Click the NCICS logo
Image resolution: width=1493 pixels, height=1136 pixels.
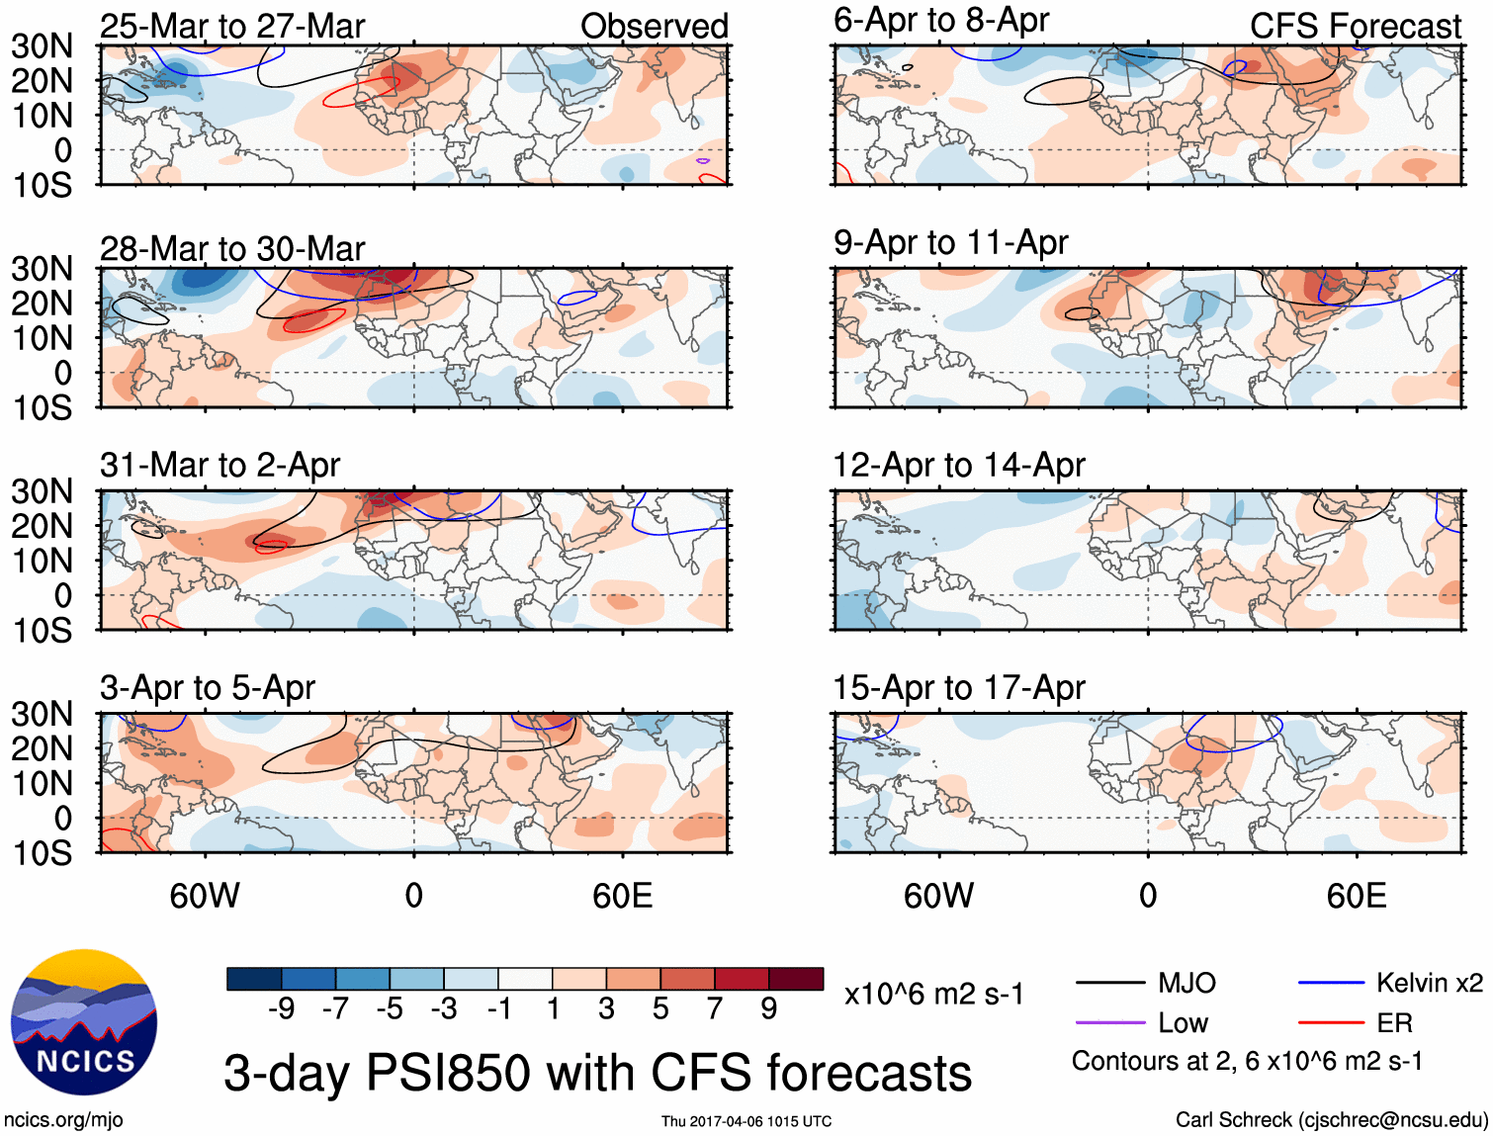click(x=84, y=1022)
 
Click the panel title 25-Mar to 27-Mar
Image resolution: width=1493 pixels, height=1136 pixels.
click(x=232, y=27)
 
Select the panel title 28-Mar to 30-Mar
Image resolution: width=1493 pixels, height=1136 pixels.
click(x=232, y=249)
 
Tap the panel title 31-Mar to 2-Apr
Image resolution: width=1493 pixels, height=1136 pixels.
click(x=220, y=465)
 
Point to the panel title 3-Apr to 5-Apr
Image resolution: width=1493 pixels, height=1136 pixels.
click(x=207, y=687)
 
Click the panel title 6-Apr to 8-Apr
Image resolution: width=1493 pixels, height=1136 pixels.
click(x=940, y=21)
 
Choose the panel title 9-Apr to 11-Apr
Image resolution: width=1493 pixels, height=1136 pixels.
click(x=950, y=242)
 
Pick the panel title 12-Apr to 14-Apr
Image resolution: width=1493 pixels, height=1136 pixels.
click(x=958, y=465)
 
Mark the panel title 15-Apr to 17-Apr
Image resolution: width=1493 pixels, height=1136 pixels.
click(x=958, y=687)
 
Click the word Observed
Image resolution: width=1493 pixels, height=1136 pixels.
click(x=654, y=27)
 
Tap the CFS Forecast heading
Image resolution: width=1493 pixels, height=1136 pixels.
click(x=1355, y=27)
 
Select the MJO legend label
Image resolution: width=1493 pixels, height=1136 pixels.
click(x=1186, y=983)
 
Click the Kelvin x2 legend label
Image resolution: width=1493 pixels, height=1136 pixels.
click(x=1429, y=983)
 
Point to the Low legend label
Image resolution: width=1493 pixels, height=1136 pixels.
click(x=1183, y=1023)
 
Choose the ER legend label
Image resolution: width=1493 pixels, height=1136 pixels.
click(x=1394, y=1023)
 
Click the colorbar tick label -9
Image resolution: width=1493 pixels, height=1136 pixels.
click(x=281, y=1008)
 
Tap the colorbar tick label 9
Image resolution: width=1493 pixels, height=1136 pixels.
click(x=768, y=1008)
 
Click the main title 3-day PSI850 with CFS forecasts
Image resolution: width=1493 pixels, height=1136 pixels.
click(x=597, y=1073)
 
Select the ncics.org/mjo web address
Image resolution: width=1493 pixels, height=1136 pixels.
click(x=63, y=1120)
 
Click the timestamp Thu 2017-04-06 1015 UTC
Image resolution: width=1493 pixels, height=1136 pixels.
click(x=746, y=1121)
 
